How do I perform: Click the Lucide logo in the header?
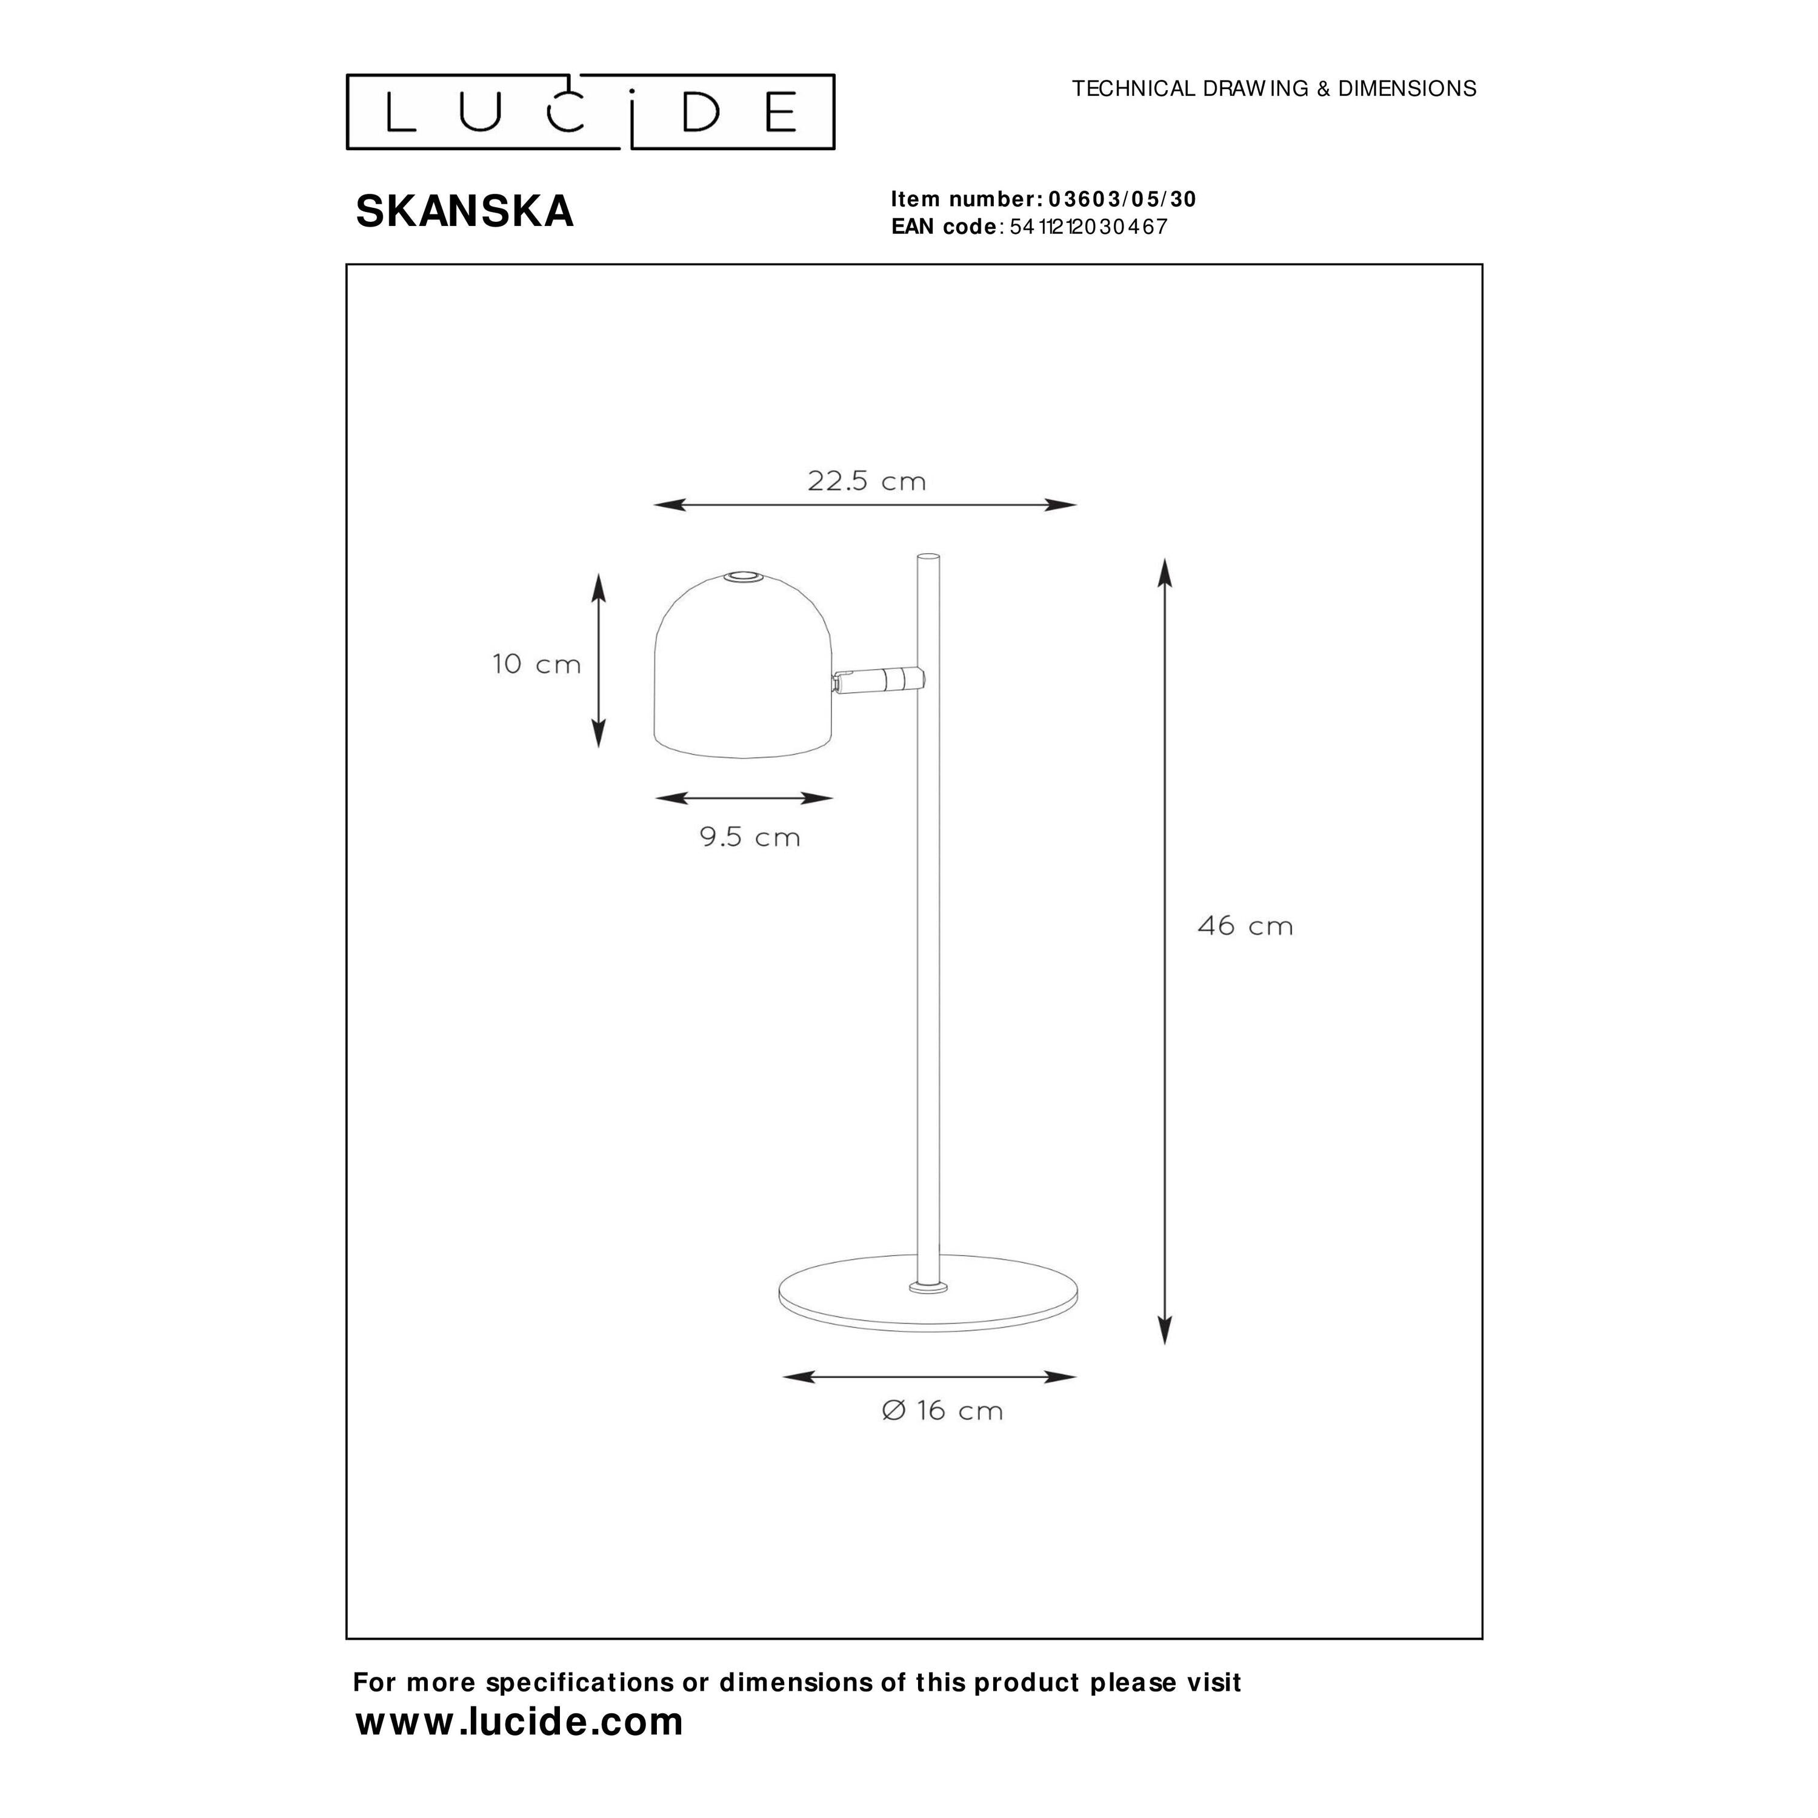click(590, 112)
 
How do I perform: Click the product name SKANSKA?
click(465, 211)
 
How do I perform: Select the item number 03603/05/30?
click(1122, 199)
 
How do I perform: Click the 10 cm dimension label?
click(536, 664)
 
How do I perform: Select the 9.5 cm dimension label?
click(750, 836)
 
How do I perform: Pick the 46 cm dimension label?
click(1245, 926)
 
